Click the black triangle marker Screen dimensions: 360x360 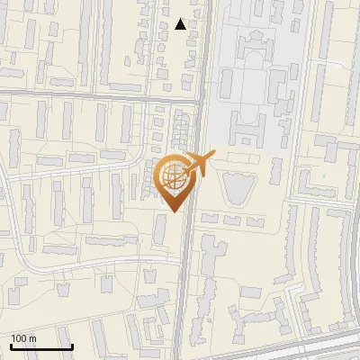181,24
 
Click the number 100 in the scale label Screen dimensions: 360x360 19,338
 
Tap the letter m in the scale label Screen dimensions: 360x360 33,338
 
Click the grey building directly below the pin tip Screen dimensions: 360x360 160,229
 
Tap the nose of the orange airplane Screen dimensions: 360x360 213,155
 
